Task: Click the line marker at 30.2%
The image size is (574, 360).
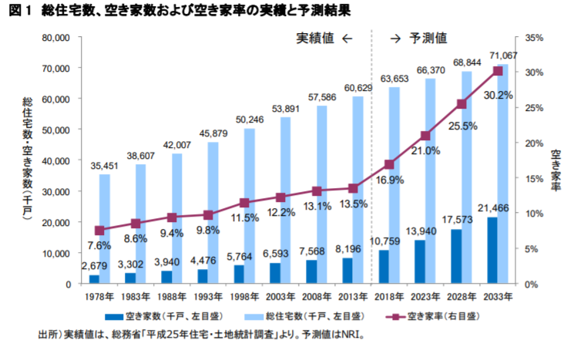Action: [498, 71]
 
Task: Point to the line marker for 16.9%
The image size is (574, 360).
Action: [389, 164]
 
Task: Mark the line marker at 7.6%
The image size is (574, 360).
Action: [99, 230]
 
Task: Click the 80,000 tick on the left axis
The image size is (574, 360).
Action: [56, 37]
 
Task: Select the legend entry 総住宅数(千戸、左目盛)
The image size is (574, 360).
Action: [310, 317]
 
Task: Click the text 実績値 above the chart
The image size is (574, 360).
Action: [314, 38]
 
